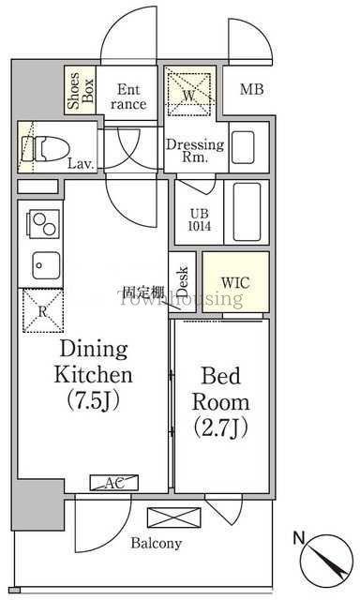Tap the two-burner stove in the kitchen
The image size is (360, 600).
point(43,224)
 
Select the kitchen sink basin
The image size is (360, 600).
point(46,265)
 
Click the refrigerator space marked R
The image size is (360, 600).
point(43,311)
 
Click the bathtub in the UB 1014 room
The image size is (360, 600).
point(247,212)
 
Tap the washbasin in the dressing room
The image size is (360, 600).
point(243,147)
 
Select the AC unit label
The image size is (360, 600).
point(114,483)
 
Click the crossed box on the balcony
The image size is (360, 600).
point(174,517)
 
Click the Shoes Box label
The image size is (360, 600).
point(80,91)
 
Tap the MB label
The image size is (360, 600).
point(252,89)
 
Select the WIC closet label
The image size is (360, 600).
point(235,283)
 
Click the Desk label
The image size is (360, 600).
point(183,282)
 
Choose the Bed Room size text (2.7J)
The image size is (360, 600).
point(220,427)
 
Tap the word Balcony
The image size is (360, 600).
point(156,544)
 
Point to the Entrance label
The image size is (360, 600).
point(128,97)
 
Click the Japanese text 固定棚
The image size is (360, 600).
point(141,292)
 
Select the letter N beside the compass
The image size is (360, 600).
point(299,537)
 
